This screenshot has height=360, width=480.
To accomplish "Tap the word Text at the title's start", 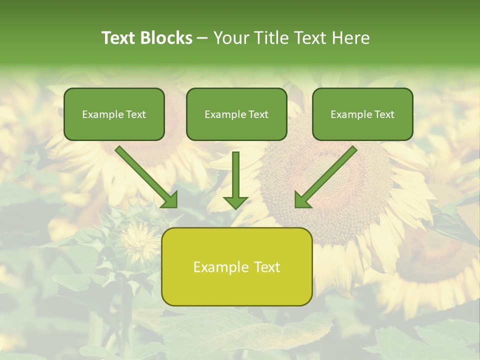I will click(x=119, y=38).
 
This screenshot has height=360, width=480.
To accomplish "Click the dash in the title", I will click(x=202, y=38).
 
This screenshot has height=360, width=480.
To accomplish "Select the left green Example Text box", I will click(x=114, y=114).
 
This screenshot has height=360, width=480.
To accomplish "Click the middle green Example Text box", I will click(x=236, y=114).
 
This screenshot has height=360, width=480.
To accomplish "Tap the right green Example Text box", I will click(x=362, y=114).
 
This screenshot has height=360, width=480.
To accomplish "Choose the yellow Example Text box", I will click(x=236, y=266).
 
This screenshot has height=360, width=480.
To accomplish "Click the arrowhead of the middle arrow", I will click(x=235, y=202).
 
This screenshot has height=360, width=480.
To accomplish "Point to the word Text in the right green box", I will click(x=384, y=114).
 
